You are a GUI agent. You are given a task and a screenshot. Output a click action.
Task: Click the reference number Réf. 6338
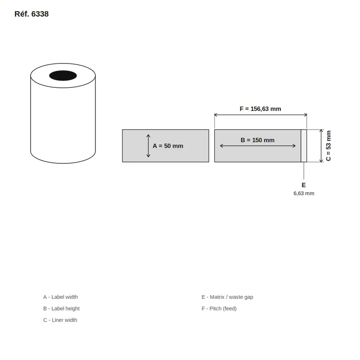click(x=31, y=14)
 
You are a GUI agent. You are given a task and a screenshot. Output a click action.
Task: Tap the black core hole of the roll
click(x=63, y=76)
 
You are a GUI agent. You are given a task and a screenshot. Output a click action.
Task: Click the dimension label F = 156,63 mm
click(x=261, y=109)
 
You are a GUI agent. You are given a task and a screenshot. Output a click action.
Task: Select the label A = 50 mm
click(x=168, y=146)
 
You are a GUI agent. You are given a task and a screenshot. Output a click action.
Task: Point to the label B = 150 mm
click(x=257, y=140)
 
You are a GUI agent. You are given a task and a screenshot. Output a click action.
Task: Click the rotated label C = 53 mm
click(x=328, y=146)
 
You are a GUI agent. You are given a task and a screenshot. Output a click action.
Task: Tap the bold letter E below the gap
click(x=303, y=185)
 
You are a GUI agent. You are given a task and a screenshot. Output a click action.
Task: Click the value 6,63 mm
click(x=304, y=193)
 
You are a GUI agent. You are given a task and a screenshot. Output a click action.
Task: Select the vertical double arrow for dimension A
click(x=148, y=146)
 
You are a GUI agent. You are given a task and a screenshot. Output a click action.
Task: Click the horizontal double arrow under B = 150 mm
click(x=257, y=146)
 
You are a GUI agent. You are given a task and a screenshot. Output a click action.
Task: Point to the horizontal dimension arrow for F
click(x=261, y=115)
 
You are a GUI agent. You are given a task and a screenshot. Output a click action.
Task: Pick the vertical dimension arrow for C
click(x=321, y=146)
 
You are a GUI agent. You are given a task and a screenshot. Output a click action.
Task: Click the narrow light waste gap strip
click(x=304, y=146)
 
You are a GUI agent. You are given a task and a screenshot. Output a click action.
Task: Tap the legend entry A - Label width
click(x=60, y=297)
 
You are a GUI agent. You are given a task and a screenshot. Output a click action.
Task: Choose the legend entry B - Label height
click(x=61, y=309)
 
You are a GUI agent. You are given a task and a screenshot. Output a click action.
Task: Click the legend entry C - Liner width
click(x=60, y=320)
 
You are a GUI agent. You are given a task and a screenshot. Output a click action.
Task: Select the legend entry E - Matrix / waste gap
click(x=227, y=297)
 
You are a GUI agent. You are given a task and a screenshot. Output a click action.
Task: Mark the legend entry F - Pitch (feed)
click(x=219, y=309)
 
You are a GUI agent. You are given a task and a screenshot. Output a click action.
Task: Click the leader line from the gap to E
click(x=304, y=171)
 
